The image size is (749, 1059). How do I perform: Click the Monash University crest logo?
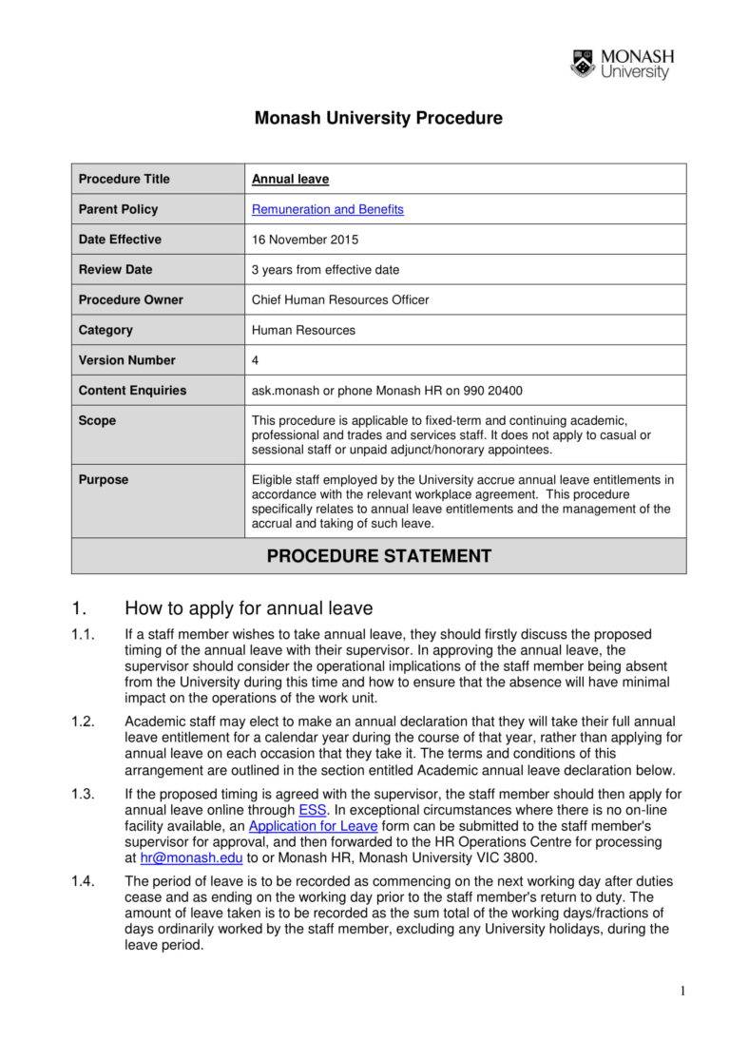[582, 64]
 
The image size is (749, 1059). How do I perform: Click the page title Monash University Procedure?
[378, 119]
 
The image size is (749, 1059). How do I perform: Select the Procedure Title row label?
[125, 179]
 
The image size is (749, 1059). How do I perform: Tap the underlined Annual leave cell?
[290, 179]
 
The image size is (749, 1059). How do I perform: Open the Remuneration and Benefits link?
[327, 209]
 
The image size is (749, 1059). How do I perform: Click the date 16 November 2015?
[305, 240]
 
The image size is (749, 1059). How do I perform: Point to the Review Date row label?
[115, 269]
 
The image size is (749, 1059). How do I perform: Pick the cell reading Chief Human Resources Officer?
[340, 299]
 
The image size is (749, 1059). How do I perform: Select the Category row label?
[106, 330]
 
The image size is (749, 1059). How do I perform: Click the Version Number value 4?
[255, 360]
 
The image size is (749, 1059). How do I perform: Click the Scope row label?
[97, 420]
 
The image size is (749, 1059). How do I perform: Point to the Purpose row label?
[103, 480]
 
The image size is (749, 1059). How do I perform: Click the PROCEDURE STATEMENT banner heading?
[378, 556]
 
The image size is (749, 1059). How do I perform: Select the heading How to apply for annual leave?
[249, 608]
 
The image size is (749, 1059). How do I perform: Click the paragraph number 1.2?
[83, 722]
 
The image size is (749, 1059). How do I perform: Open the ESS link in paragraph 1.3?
[312, 810]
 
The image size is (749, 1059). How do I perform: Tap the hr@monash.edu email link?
[191, 857]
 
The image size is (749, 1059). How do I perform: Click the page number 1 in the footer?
[682, 992]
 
